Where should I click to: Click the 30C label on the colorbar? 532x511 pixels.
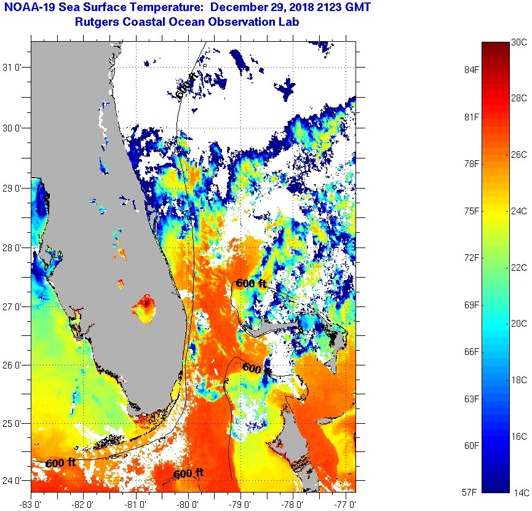(x=519, y=42)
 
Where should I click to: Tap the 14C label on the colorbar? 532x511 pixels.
(x=519, y=492)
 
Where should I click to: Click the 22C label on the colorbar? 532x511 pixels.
(x=519, y=267)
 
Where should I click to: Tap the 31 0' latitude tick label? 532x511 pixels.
(x=15, y=68)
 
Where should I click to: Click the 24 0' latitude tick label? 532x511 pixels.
(x=15, y=481)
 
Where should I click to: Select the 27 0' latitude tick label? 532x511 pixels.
(x=15, y=306)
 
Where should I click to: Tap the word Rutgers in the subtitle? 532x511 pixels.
(x=95, y=22)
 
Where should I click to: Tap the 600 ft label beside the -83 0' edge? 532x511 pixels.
(x=60, y=462)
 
